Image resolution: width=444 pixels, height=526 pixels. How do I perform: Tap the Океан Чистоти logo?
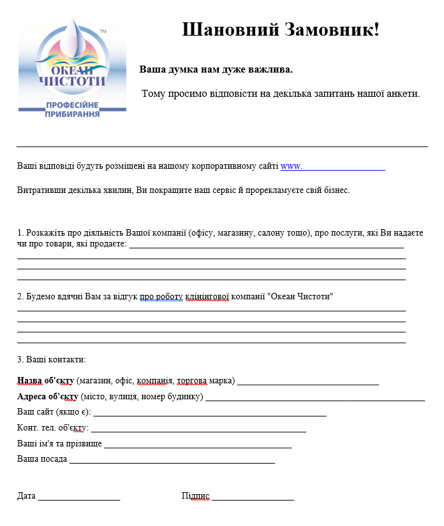tap(72, 67)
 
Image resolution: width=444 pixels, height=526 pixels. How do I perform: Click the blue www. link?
tap(291, 166)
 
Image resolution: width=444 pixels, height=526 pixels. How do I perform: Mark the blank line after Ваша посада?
tap(172, 460)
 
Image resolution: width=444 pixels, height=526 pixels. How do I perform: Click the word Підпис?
tap(195, 496)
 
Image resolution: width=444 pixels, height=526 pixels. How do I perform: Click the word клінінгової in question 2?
tap(207, 297)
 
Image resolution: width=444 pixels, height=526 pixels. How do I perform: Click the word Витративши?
tap(40, 190)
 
